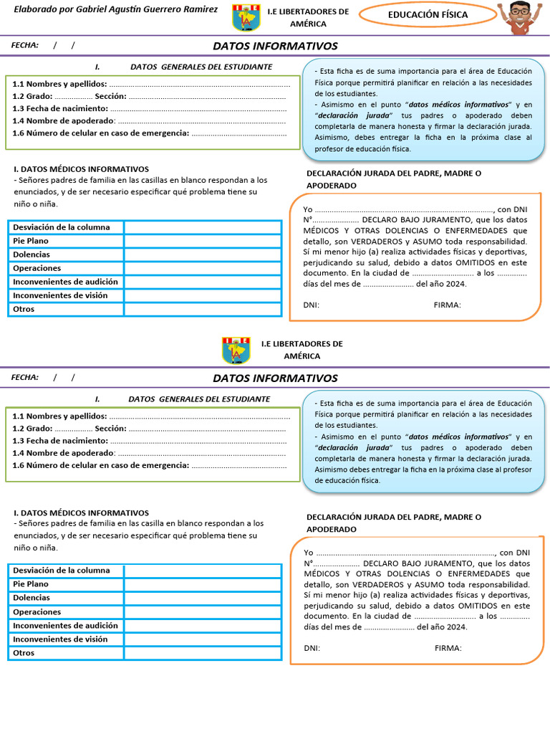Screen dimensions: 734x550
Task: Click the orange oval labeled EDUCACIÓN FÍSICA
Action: pyautogui.click(x=428, y=14)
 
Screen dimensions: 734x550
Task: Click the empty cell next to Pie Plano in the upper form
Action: pyautogui.click(x=203, y=241)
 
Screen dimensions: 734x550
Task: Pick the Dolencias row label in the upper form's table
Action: pyautogui.click(x=32, y=254)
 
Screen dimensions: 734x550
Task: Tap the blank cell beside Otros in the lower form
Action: pyautogui.click(x=203, y=653)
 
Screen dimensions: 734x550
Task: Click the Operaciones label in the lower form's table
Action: pyautogui.click(x=37, y=612)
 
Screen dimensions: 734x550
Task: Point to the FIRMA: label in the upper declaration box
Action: pyautogui.click(x=447, y=305)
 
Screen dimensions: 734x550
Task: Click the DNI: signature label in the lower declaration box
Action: pyautogui.click(x=312, y=648)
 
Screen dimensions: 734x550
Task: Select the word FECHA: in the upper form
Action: pyautogui.click(x=25, y=45)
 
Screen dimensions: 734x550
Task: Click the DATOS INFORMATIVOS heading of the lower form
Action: pyautogui.click(x=275, y=378)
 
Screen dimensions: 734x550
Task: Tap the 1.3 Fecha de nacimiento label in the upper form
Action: pyautogui.click(x=60, y=109)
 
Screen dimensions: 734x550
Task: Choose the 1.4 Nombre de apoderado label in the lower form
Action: pyautogui.click(x=63, y=453)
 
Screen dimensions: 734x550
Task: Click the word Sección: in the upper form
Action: pyautogui.click(x=110, y=96)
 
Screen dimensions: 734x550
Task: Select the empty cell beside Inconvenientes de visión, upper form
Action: pyautogui.click(x=203, y=295)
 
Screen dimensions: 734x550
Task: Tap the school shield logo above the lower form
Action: pyautogui.click(x=236, y=349)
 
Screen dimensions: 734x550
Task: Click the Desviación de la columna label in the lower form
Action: pyautogui.click(x=62, y=571)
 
